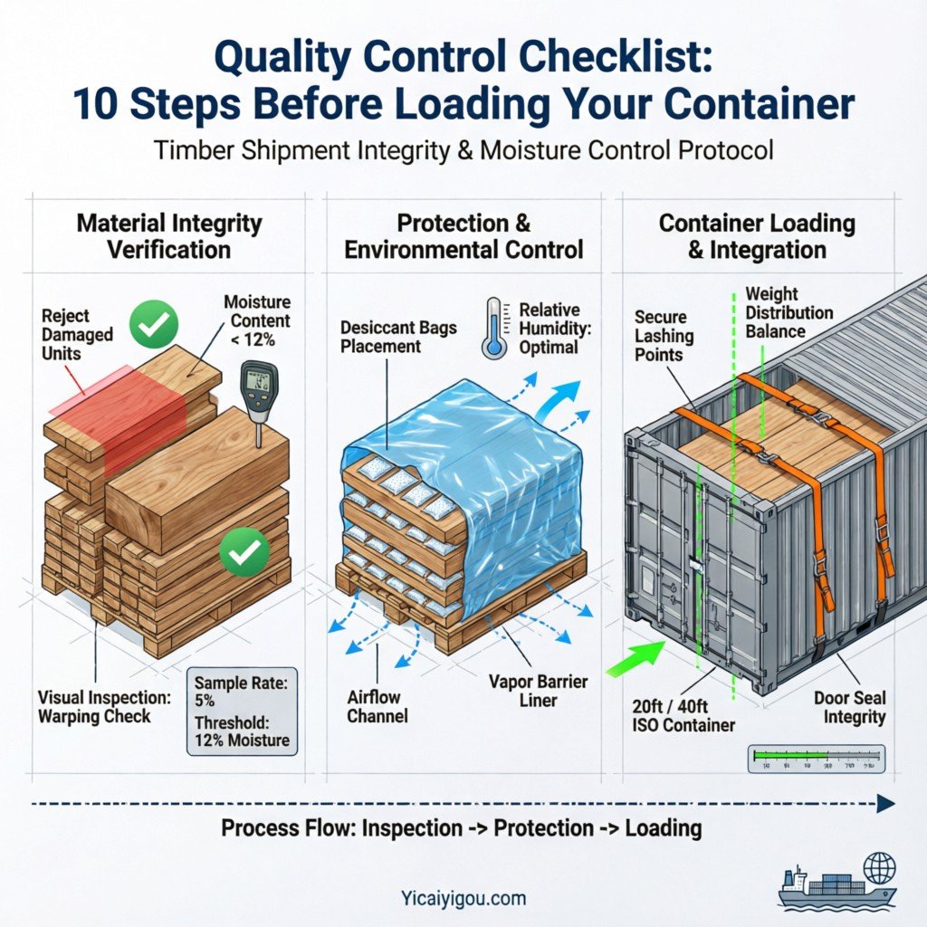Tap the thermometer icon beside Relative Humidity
pos(494,327)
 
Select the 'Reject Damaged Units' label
pos(78,334)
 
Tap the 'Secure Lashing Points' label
pos(664,336)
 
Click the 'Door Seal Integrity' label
pos(849,707)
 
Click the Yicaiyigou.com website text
pos(463,899)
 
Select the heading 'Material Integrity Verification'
pos(169,235)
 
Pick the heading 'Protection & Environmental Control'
pos(463,235)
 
